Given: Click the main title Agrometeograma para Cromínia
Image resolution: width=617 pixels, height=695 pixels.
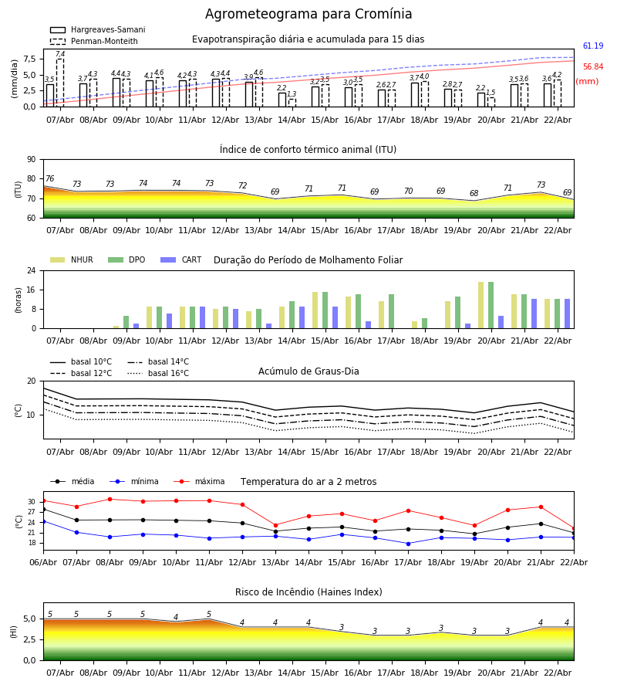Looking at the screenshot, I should [x=308, y=15].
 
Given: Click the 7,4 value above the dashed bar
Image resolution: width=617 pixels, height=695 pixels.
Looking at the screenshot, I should [x=60, y=55].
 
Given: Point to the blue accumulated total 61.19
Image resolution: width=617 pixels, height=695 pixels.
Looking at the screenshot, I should [x=593, y=46].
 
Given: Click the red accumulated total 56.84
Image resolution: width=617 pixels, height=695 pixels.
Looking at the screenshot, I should [x=593, y=67].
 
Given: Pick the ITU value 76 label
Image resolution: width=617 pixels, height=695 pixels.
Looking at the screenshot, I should [x=49, y=179].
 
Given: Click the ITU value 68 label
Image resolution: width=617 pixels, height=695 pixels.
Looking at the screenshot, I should [x=474, y=194].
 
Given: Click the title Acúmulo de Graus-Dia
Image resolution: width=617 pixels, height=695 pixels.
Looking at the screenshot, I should [x=308, y=371].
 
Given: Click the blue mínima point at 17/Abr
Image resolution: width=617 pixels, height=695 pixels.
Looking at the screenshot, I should [x=408, y=544].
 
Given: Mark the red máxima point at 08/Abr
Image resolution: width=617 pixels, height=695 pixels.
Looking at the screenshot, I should [x=110, y=499].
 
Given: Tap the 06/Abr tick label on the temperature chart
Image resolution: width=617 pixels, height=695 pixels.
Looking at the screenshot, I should [x=43, y=561].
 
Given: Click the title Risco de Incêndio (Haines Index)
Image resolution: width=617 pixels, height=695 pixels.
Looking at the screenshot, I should [x=308, y=592].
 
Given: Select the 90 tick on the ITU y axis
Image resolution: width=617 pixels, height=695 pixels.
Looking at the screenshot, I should [x=32, y=160].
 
